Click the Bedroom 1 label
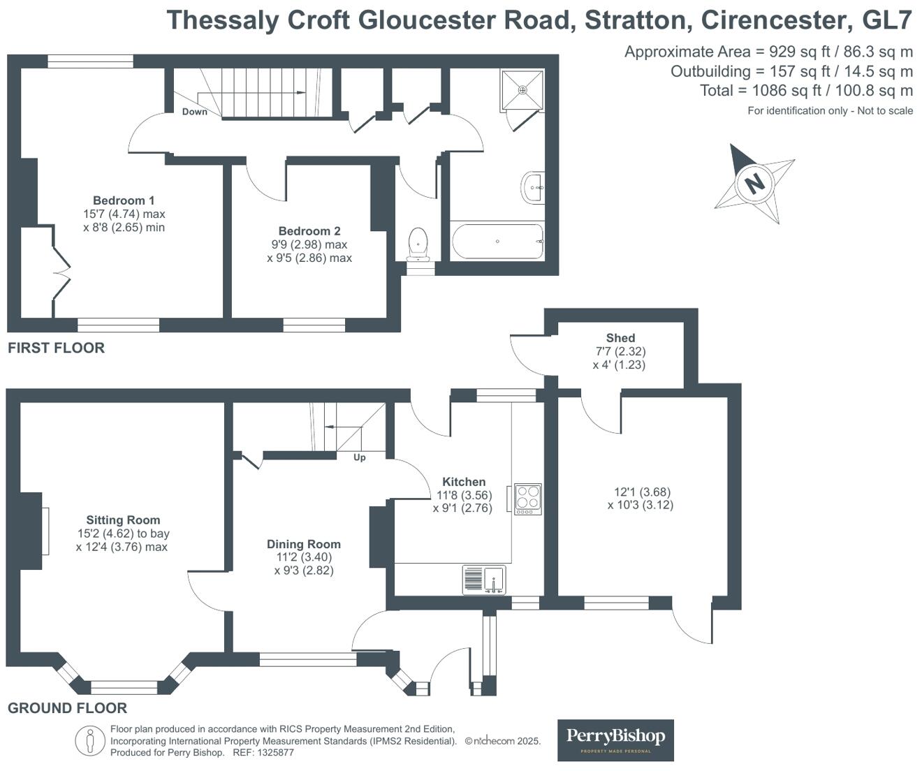point(124,200)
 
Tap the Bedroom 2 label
point(309,231)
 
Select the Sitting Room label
point(123,520)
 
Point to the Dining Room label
point(303,544)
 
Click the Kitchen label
point(464,482)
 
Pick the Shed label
point(620,338)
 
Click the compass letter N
point(754,183)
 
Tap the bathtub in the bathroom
point(497,241)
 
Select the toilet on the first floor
point(418,244)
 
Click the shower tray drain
point(523,90)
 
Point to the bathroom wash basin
point(532,187)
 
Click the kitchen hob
point(528,499)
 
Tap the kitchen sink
point(484,580)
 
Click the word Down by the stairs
point(195,112)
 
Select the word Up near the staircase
point(360,457)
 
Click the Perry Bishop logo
point(615,740)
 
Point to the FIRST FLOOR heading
point(56,348)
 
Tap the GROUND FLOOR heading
point(68,708)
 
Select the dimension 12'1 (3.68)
point(643,492)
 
